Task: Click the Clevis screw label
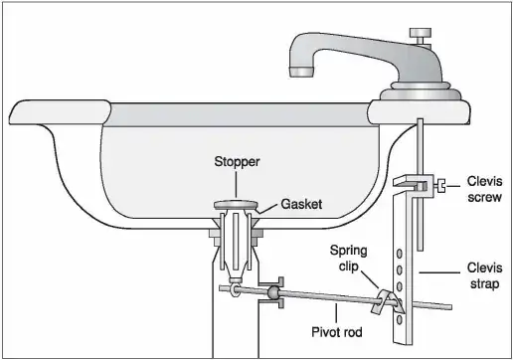(x=485, y=189)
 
